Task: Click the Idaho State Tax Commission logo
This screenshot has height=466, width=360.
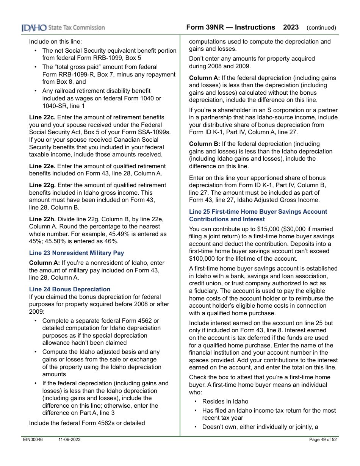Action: [63, 28]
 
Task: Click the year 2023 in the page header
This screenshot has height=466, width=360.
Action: [291, 27]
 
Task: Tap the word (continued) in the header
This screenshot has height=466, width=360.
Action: [321, 28]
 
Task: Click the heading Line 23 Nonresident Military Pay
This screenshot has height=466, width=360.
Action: [77, 253]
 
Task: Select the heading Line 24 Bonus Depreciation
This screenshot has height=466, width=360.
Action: [70, 289]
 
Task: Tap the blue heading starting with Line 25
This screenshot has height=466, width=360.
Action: [258, 216]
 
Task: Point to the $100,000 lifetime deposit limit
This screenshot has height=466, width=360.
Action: [203, 258]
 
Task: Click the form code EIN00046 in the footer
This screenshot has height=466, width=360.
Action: [32, 439]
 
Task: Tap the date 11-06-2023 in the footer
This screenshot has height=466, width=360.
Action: [69, 439]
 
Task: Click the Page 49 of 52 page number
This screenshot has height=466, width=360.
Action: [323, 439]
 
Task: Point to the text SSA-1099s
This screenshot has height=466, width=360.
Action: [157, 132]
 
